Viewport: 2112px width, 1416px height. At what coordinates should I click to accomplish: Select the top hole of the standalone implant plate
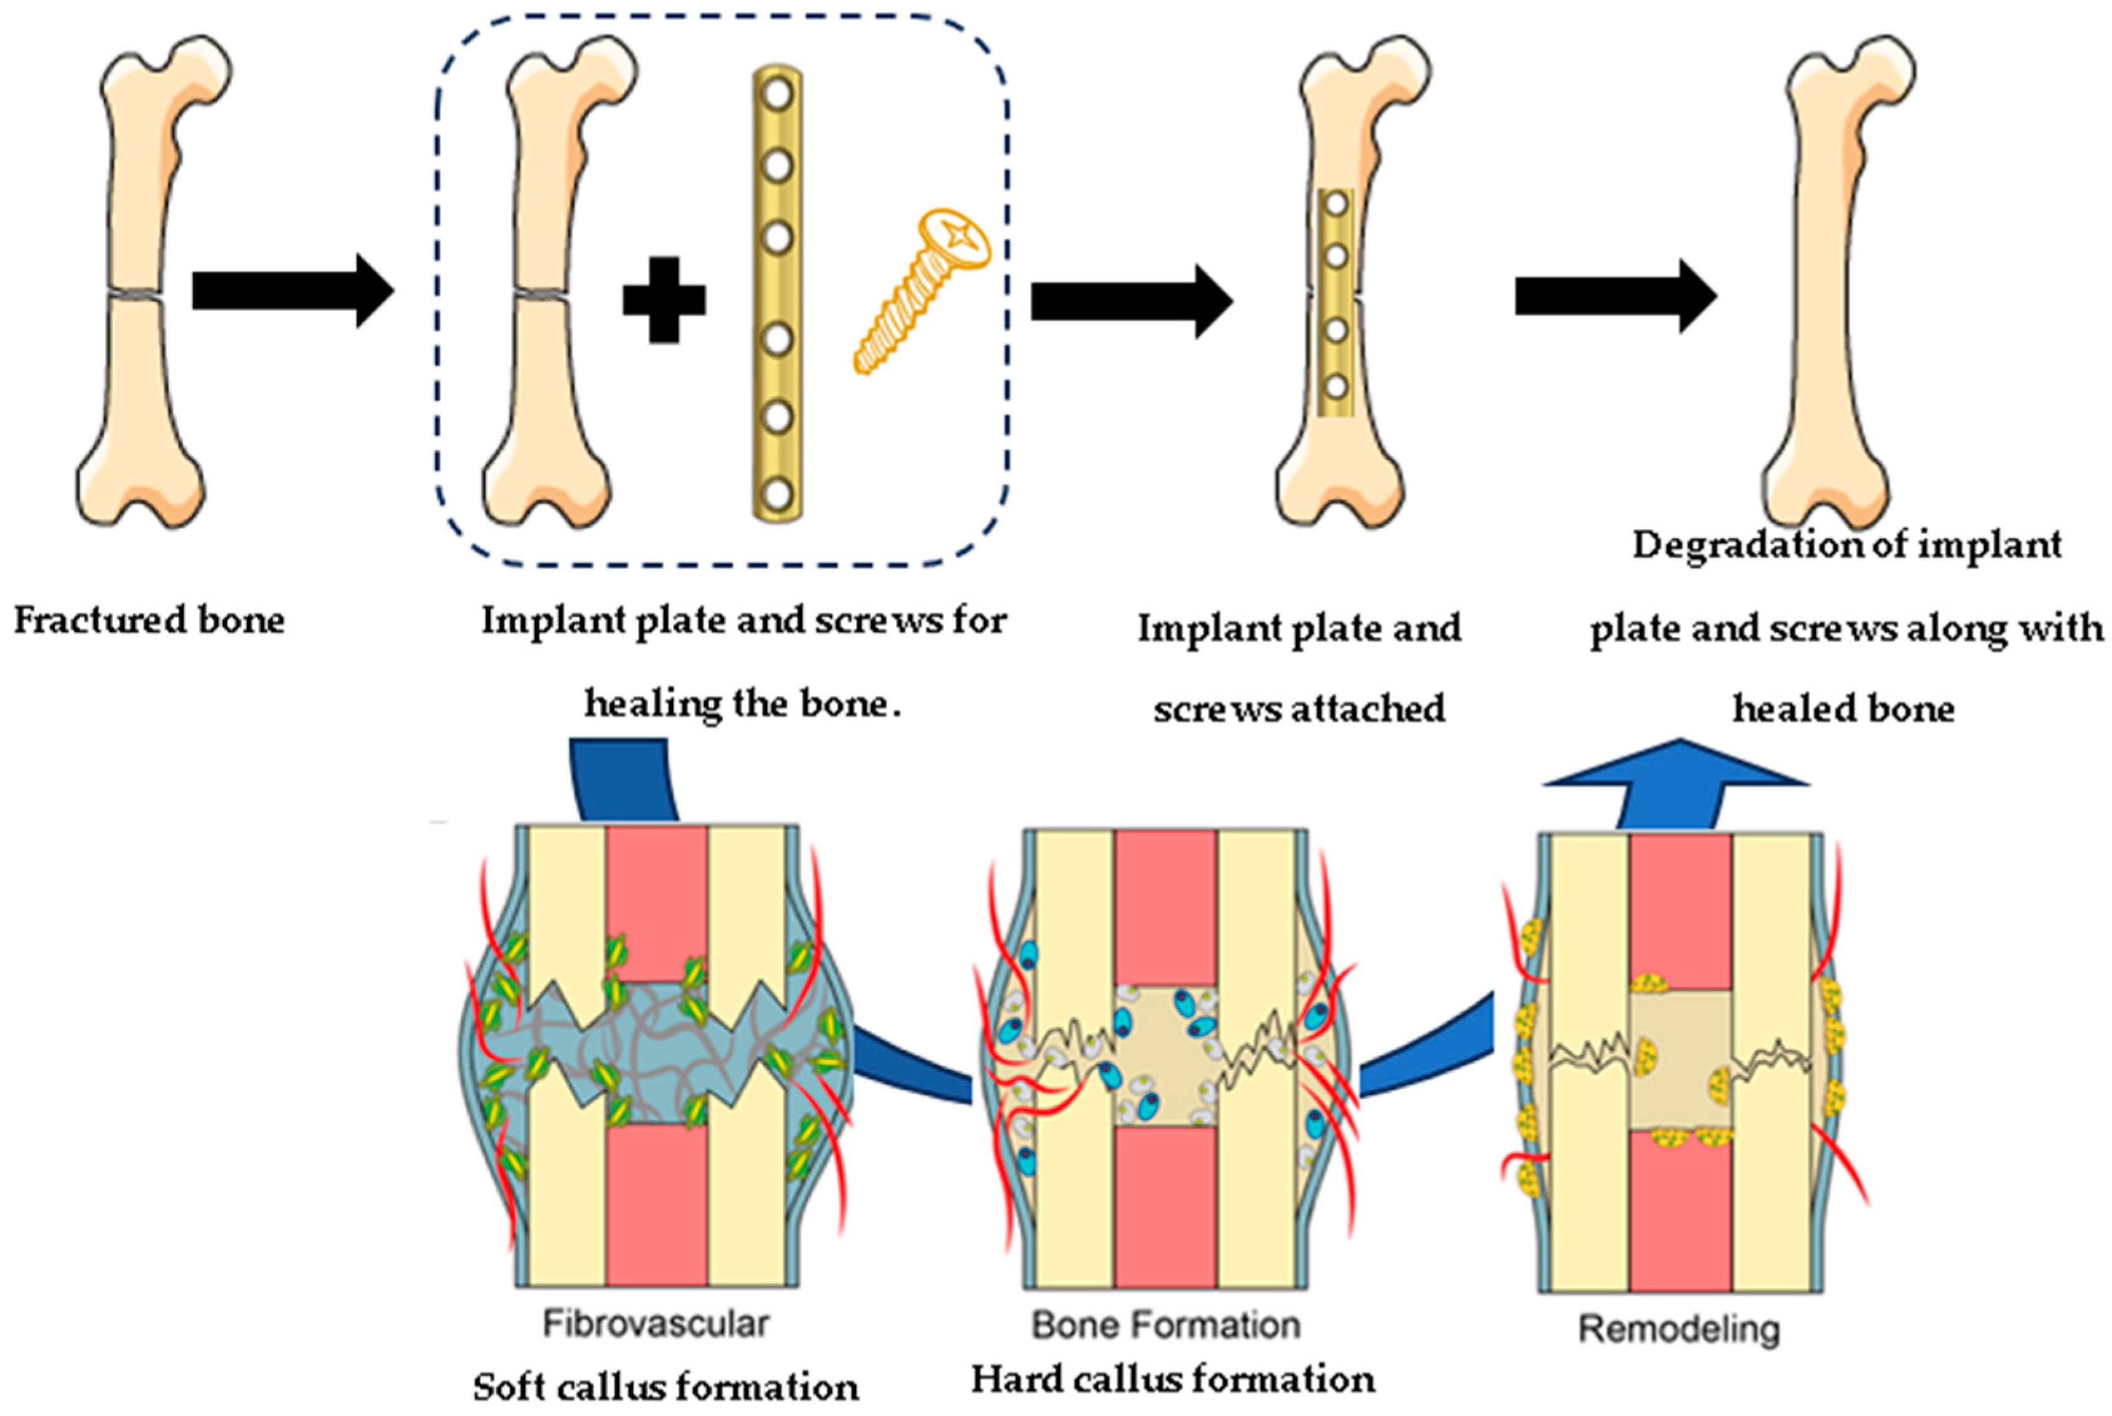pos(777,94)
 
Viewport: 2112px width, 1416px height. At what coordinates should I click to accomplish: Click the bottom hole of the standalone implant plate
pos(777,495)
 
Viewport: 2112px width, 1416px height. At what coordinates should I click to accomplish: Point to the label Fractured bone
pos(149,621)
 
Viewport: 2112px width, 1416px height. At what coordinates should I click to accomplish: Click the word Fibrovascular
pos(656,1324)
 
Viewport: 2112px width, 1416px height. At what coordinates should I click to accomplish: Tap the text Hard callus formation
pos(1173,1380)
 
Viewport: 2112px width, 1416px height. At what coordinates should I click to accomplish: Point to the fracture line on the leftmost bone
pos(135,295)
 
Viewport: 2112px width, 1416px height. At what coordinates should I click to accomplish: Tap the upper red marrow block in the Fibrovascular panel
pos(656,903)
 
